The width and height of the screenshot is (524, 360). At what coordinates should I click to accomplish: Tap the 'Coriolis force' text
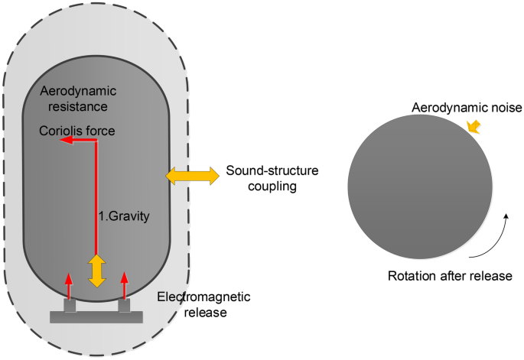[x=77, y=131]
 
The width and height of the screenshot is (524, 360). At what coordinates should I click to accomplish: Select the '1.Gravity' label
[x=124, y=216]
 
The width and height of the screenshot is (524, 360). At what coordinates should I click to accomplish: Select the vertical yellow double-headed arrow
[x=96, y=271]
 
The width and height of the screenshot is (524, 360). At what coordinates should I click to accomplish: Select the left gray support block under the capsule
[x=70, y=306]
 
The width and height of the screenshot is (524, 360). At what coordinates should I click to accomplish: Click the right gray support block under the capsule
[x=125, y=306]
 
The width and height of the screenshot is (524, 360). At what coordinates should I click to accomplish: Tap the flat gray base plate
[x=96, y=316]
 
